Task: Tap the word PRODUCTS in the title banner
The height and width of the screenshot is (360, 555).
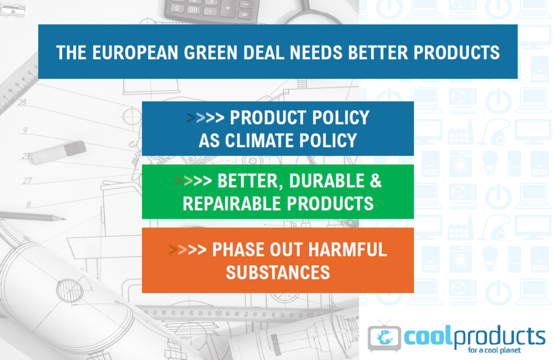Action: tap(457, 53)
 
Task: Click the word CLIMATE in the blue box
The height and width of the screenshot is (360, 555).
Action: tap(260, 141)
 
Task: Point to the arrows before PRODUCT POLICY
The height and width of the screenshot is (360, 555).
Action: tap(205, 117)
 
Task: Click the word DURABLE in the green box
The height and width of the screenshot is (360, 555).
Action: tap(327, 181)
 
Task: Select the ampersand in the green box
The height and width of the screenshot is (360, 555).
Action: tap(376, 181)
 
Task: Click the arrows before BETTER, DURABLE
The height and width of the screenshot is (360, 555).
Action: tap(193, 181)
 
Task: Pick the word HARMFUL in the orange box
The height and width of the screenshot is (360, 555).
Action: tap(348, 249)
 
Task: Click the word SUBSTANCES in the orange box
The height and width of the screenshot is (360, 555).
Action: tap(278, 273)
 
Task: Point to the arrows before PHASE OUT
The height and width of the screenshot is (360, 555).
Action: tap(188, 249)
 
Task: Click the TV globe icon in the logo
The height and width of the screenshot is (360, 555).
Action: tap(385, 337)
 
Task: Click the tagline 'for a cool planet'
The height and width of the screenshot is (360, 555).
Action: tap(494, 350)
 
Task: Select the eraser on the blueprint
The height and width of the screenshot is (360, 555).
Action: tap(58, 152)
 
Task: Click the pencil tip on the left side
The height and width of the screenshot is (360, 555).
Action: tap(63, 219)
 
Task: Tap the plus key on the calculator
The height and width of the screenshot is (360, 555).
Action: tap(228, 8)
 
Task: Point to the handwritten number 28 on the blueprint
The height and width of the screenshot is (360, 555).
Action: tap(22, 102)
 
